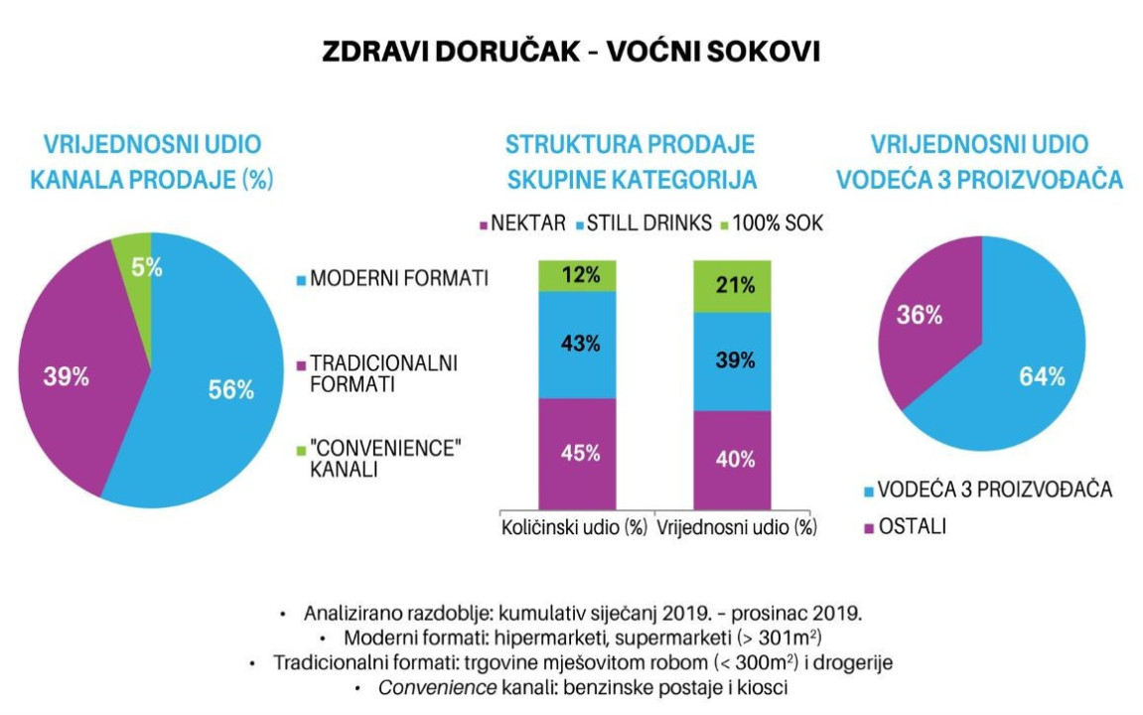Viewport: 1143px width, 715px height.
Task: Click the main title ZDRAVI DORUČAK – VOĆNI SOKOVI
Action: click(571, 53)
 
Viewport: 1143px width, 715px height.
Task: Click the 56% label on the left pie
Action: click(230, 390)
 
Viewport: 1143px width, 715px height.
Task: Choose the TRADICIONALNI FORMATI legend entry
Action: click(383, 373)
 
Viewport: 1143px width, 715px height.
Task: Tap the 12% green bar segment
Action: click(577, 276)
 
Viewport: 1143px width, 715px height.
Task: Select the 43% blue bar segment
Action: click(577, 345)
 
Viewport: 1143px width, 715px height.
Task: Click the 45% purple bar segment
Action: click(577, 453)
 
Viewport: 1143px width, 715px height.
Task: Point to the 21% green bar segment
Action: click(733, 286)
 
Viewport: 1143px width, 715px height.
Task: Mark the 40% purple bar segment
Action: click(733, 459)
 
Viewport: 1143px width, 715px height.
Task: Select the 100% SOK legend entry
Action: click(776, 224)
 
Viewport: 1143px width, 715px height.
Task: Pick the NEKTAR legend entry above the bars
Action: click(521, 224)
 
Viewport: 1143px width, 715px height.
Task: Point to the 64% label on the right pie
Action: click(1041, 376)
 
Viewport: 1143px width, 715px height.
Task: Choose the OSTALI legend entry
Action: click(912, 526)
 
